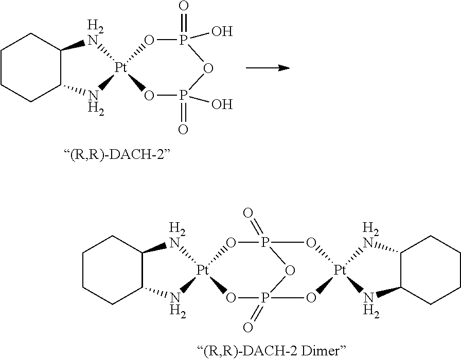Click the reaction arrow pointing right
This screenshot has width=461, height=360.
point(267,67)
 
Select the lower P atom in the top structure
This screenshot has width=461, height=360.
point(183,95)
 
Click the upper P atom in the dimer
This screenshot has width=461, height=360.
point(264,243)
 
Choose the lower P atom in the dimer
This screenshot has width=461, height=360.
point(264,297)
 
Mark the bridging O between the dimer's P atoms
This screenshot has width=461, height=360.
point(290,271)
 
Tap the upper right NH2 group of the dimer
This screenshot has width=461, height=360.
point(368,236)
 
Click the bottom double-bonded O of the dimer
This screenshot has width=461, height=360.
point(248,328)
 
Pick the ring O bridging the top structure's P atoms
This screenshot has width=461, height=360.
point(207,68)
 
